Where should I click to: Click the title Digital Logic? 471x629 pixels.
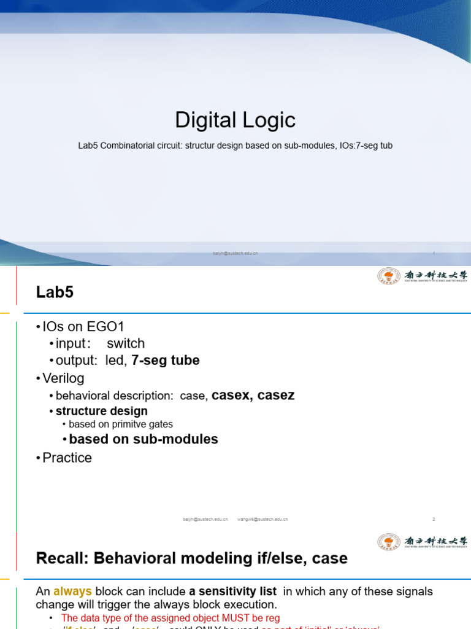235,120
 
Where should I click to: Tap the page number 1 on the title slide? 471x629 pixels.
434,253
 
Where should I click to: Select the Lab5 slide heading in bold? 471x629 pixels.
55,292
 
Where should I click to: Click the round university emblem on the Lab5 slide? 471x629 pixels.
388,276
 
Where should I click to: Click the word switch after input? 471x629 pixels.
126,343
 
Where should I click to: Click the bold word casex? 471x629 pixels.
232,395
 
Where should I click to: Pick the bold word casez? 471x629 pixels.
276,395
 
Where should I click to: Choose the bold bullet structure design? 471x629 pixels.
101,411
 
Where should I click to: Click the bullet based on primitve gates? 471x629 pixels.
121,424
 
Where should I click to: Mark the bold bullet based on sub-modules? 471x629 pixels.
144,439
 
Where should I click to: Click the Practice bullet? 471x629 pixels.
67,458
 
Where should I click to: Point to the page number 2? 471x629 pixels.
434,519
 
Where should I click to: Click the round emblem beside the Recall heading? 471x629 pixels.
388,542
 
